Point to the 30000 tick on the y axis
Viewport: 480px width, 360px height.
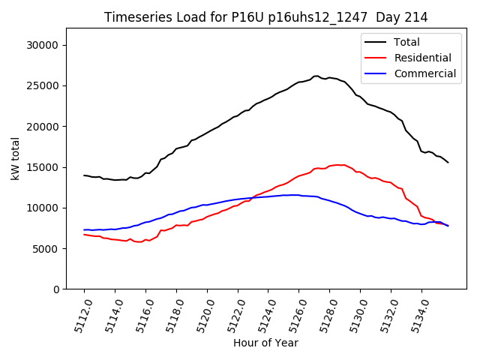point(44,45)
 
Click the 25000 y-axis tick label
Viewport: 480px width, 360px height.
point(44,85)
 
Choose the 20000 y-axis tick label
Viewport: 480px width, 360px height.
point(44,126)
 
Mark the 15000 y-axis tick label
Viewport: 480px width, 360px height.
point(44,167)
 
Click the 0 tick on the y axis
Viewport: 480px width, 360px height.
point(56,289)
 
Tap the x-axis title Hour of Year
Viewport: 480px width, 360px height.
point(265,343)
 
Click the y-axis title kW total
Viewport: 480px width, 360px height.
point(16,158)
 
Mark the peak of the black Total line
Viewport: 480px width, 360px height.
point(316,76)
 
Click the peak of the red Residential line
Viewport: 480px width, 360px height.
point(339,165)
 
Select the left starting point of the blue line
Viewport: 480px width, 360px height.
point(84,229)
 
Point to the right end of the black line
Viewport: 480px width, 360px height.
point(448,163)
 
